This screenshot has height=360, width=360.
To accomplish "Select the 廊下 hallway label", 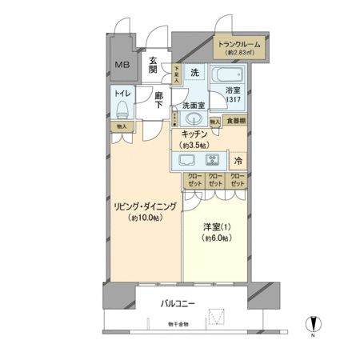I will pyautogui.click(x=158, y=99).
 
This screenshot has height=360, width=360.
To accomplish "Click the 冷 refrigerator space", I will pyautogui.click(x=238, y=159).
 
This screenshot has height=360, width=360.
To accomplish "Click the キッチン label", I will pyautogui.click(x=194, y=134).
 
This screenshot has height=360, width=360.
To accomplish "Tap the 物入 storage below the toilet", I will pyautogui.click(x=121, y=126).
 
